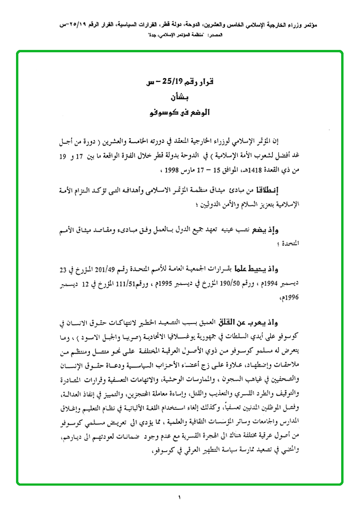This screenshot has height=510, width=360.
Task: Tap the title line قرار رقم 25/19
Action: [181, 83]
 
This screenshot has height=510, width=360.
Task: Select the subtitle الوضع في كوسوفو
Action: [181, 113]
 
